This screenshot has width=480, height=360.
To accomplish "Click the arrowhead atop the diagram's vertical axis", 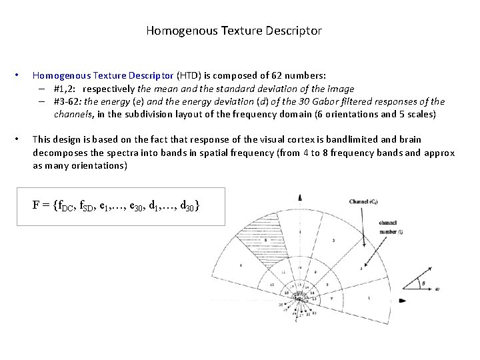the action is [x=301, y=197].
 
